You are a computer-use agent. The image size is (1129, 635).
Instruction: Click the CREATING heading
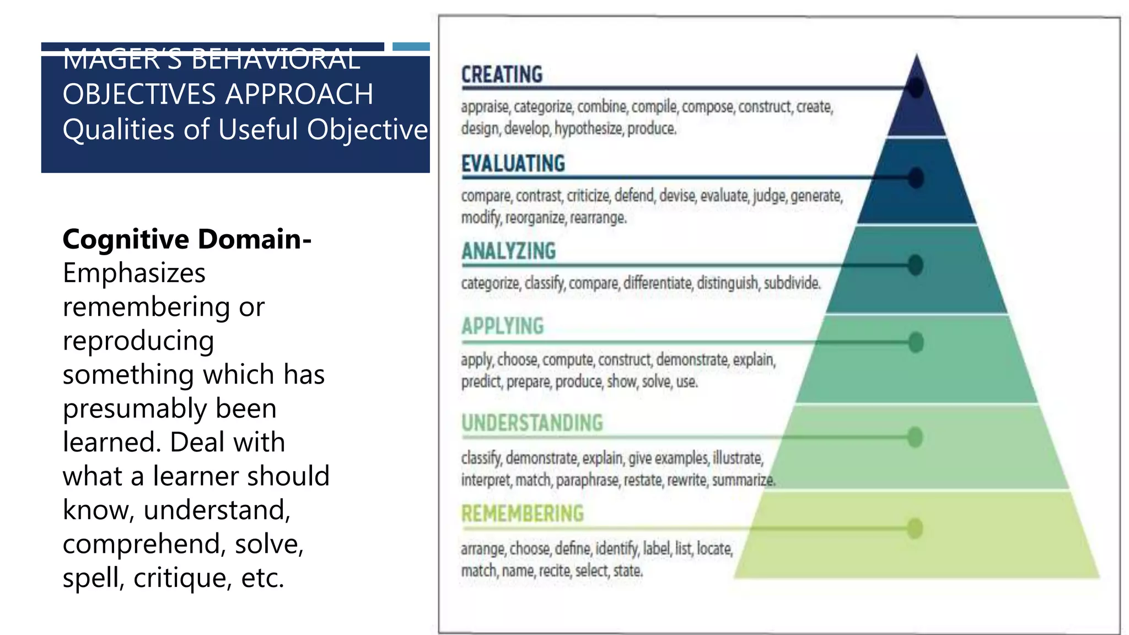click(502, 74)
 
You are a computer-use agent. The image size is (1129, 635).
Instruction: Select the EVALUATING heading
click(513, 164)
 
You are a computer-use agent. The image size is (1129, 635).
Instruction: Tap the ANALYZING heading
click(508, 251)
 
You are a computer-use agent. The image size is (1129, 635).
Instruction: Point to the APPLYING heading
click(502, 326)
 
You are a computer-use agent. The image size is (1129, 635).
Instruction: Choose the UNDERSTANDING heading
click(532, 423)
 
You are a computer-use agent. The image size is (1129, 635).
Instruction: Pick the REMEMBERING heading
click(522, 514)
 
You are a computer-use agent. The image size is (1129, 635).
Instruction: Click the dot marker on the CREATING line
click(916, 88)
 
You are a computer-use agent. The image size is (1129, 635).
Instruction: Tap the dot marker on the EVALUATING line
click(916, 178)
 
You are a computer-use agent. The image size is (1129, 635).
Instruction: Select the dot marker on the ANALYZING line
click(916, 265)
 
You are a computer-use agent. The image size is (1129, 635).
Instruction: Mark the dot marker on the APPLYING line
click(916, 342)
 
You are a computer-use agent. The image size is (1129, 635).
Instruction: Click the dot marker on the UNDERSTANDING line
click(915, 437)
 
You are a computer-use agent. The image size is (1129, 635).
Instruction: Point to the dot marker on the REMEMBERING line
click(915, 528)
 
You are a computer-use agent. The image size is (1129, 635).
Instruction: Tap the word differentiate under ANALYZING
click(657, 283)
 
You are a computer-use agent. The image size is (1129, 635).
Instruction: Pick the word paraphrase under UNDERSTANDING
click(587, 481)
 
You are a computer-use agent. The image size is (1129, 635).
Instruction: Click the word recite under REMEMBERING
click(555, 571)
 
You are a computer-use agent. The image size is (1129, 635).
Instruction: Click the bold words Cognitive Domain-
click(187, 239)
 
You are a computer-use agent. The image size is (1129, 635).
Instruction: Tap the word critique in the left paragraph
click(181, 578)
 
